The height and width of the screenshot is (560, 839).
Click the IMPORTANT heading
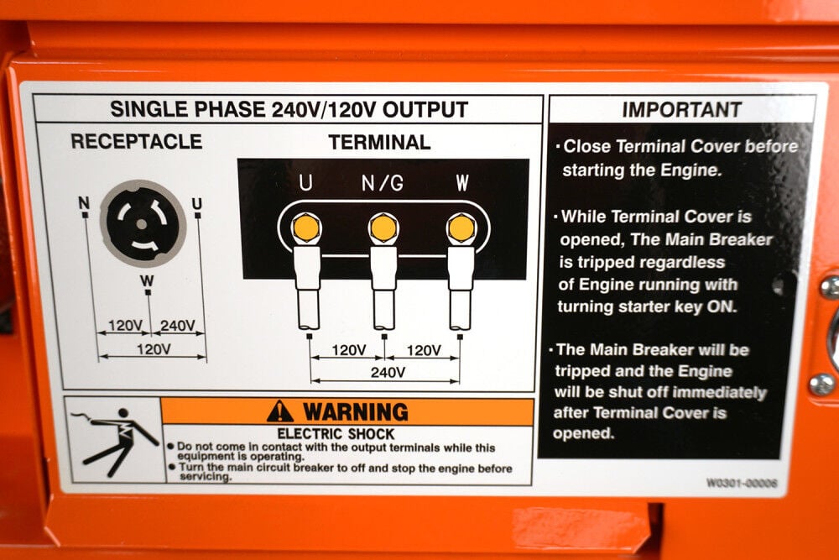click(681, 110)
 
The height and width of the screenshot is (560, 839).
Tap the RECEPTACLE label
click(136, 141)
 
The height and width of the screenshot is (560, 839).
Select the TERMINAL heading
click(379, 142)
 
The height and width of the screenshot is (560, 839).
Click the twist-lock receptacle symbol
click(142, 223)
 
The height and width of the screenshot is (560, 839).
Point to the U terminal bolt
click(306, 228)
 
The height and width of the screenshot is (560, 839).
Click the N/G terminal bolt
click(383, 228)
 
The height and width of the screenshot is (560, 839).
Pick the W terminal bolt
click(461, 228)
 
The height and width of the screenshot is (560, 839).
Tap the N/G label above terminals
click(383, 182)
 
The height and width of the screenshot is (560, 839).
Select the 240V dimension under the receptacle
click(177, 326)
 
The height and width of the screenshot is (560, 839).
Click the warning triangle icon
click(280, 411)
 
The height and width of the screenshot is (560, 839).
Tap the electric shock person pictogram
click(113, 439)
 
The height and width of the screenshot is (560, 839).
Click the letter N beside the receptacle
click(84, 202)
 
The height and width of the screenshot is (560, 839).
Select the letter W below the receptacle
click(148, 280)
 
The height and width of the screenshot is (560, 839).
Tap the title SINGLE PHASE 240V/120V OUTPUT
click(289, 109)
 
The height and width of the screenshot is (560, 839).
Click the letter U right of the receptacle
click(197, 203)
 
